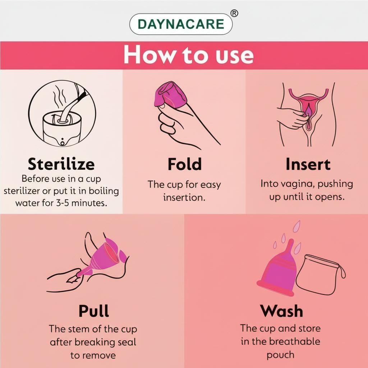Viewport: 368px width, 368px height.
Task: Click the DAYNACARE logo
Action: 181,24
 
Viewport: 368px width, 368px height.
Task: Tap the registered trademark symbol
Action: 234,13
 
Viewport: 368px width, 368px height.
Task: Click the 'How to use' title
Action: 188,55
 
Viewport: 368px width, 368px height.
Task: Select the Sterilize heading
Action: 61,164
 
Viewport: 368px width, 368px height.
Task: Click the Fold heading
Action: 184,164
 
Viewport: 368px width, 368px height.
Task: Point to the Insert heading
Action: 308,164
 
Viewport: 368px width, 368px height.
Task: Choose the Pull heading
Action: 93,311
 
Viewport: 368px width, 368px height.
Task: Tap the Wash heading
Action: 282,311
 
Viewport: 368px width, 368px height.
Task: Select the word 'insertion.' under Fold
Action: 184,197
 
